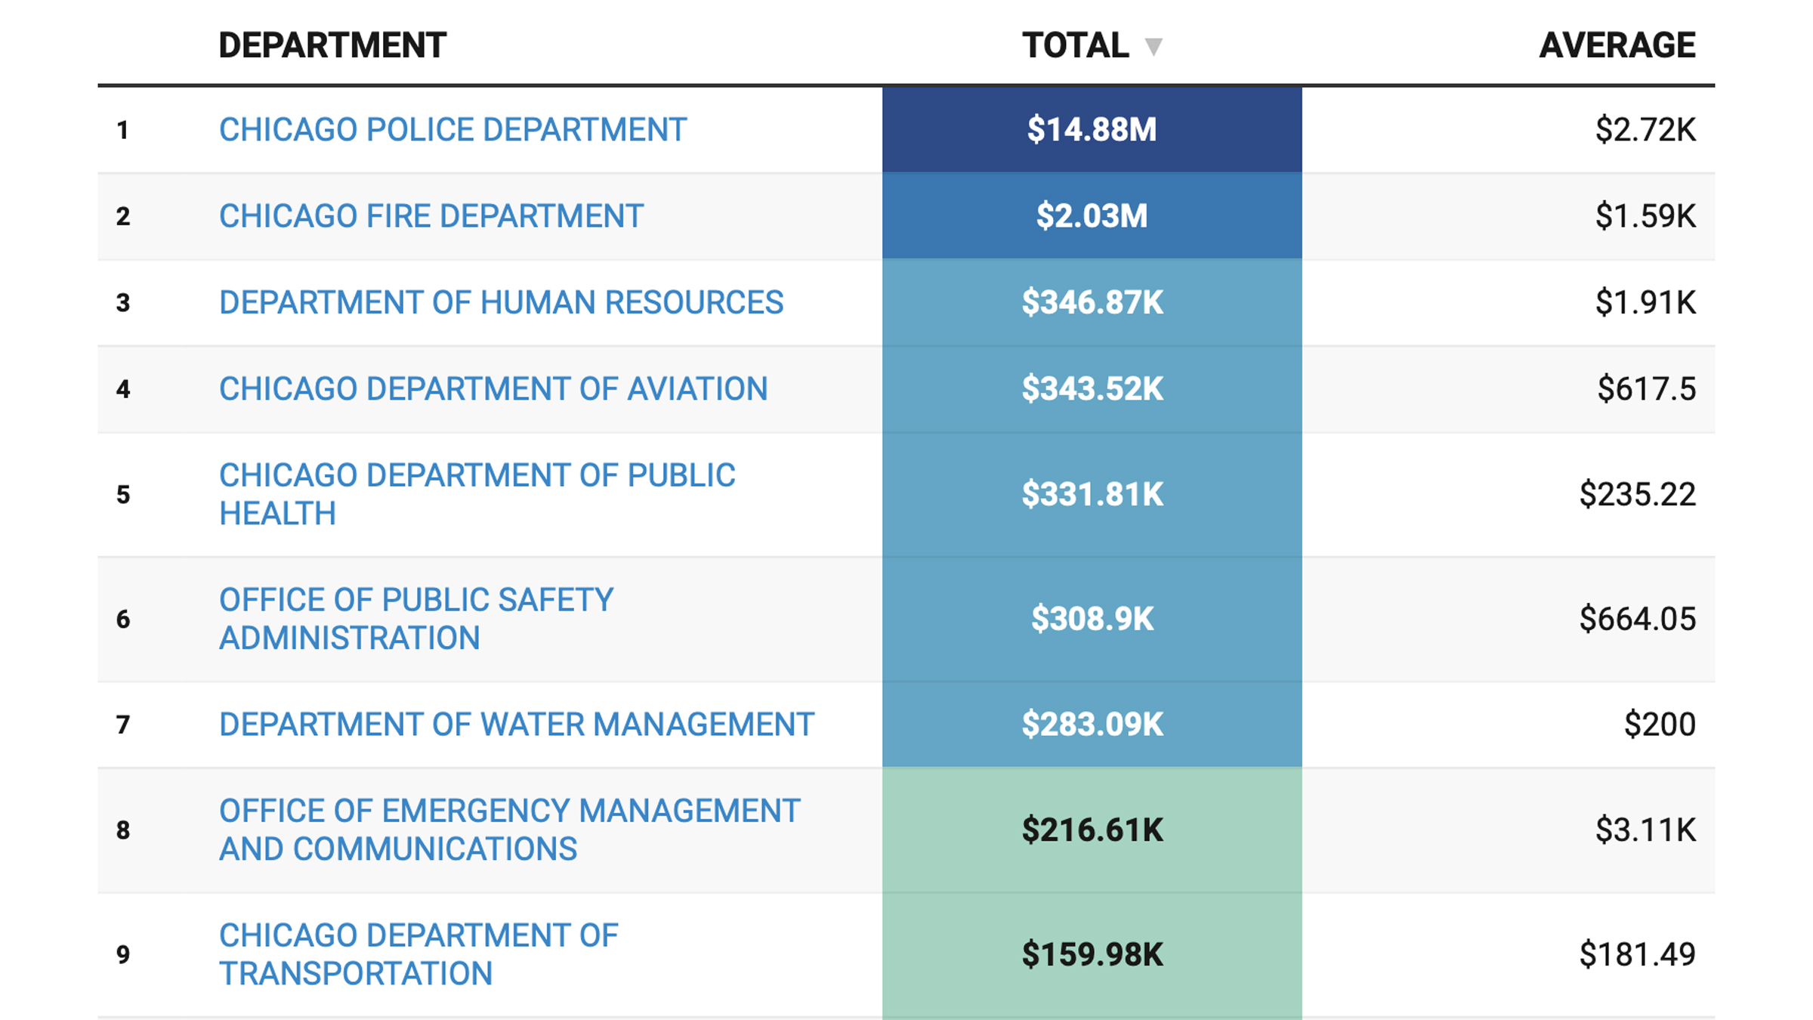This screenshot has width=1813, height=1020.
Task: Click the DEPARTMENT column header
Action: click(332, 45)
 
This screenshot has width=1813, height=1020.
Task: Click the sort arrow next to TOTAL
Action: click(1153, 47)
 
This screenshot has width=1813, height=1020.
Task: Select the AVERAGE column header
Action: click(1617, 45)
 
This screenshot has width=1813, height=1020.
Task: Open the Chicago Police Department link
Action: click(452, 130)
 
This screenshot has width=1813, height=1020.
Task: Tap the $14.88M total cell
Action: click(1092, 130)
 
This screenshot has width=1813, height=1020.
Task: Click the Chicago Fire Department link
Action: click(431, 216)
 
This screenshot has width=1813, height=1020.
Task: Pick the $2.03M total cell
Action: click(1092, 216)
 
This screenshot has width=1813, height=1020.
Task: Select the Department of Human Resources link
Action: click(501, 302)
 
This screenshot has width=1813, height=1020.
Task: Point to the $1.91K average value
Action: click(1645, 302)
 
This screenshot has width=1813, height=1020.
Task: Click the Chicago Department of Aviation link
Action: click(493, 389)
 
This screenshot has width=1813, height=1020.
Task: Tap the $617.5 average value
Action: click(1646, 389)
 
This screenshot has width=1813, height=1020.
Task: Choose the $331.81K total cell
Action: click(1092, 495)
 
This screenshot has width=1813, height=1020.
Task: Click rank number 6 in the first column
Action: click(123, 620)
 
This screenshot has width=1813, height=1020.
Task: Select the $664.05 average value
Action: click(1637, 620)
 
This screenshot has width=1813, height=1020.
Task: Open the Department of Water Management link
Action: click(516, 725)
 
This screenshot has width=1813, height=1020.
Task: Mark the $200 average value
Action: click(1660, 725)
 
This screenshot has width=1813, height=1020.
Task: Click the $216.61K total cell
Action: click(1092, 830)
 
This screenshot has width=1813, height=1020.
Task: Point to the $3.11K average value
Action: click(1645, 830)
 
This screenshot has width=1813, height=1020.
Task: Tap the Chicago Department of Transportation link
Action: click(418, 954)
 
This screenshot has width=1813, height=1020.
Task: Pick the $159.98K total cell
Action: click(1092, 954)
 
